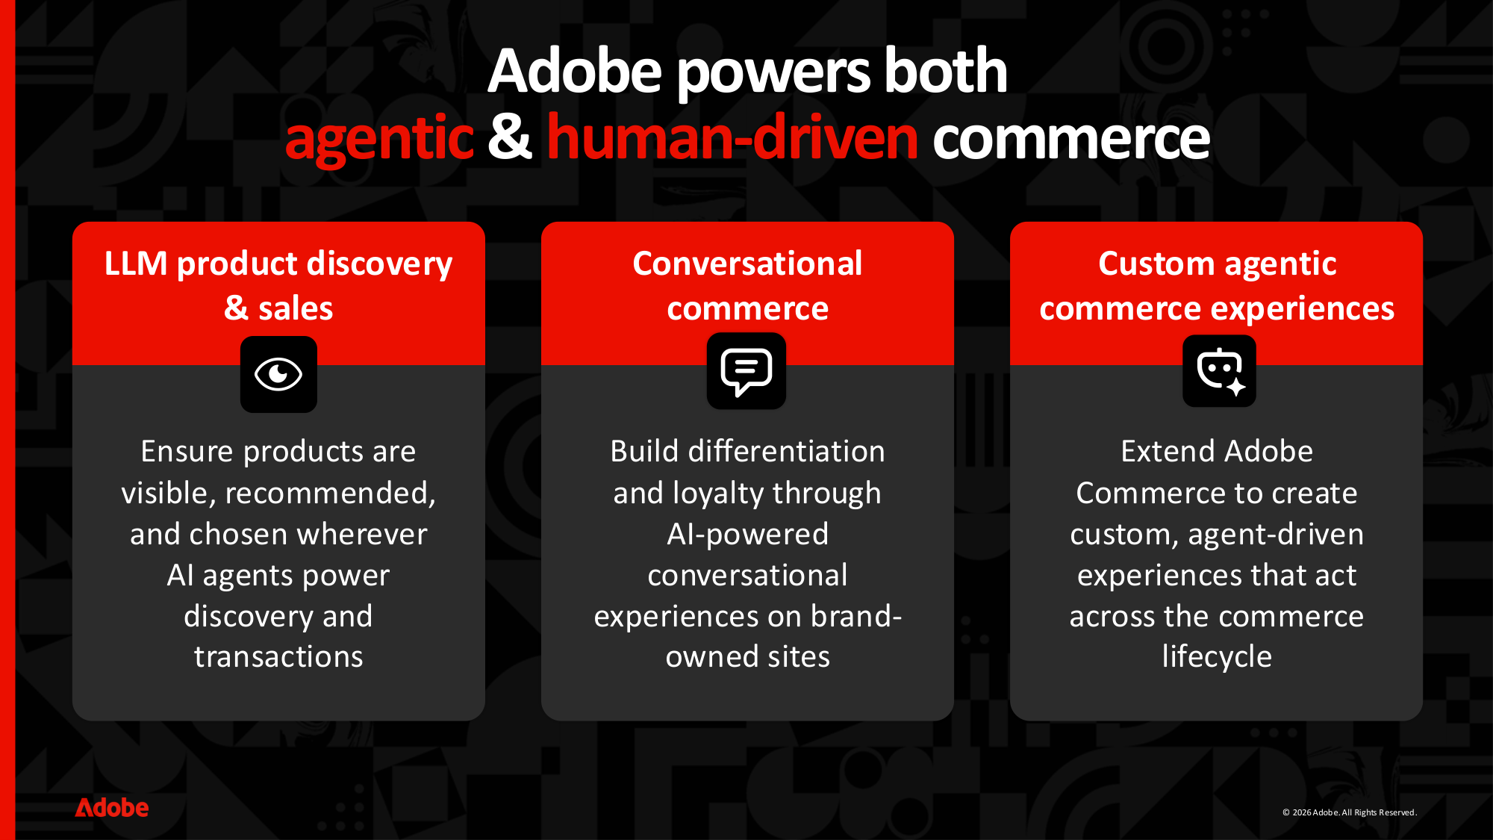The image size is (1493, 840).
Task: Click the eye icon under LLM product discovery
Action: pyautogui.click(x=278, y=374)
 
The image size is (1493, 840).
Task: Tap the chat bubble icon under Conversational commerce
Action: pyautogui.click(x=746, y=371)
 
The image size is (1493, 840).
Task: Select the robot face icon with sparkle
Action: pyautogui.click(x=1219, y=371)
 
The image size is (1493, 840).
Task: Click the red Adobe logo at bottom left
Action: pyautogui.click(x=112, y=808)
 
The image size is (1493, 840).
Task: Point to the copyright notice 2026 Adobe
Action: pyautogui.click(x=1348, y=812)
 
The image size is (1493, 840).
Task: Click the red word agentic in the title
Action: pyautogui.click(x=379, y=139)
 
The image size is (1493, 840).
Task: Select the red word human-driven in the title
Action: pyautogui.click(x=732, y=139)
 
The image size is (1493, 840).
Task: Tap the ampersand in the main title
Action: pyautogui.click(x=510, y=137)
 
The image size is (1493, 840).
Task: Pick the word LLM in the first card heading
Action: pyautogui.click(x=136, y=264)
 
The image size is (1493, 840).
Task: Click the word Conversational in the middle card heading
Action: pyautogui.click(x=747, y=264)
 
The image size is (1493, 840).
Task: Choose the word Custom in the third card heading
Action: pyautogui.click(x=1156, y=264)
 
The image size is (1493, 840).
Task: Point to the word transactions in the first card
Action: pyautogui.click(x=278, y=657)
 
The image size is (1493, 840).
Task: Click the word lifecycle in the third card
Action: pyautogui.click(x=1217, y=657)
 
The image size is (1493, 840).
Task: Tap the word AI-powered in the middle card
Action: pyautogui.click(x=747, y=535)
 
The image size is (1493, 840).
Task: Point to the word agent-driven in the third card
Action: pyautogui.click(x=1276, y=535)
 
